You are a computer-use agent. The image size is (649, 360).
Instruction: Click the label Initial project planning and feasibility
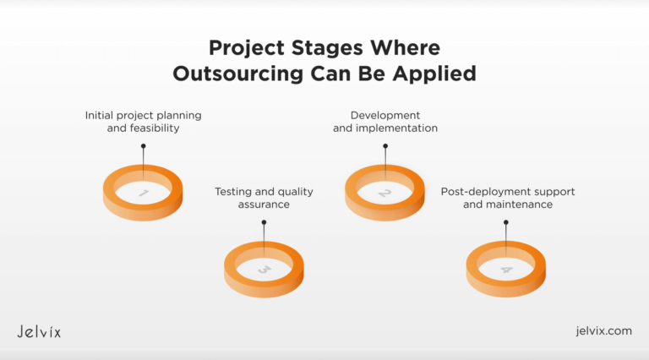pyautogui.click(x=143, y=121)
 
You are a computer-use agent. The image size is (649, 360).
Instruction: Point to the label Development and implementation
pyautogui.click(x=384, y=121)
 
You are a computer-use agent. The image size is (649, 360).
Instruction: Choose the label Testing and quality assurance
pyautogui.click(x=264, y=198)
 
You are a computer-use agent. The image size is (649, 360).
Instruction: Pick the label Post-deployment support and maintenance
pyautogui.click(x=507, y=198)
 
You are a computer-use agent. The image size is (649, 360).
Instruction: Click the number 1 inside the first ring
pyautogui.click(x=143, y=194)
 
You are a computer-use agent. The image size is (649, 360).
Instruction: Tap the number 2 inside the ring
pyautogui.click(x=385, y=194)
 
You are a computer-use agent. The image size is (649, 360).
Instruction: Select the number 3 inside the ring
pyautogui.click(x=264, y=270)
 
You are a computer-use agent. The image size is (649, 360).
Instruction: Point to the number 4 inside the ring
pyautogui.click(x=506, y=270)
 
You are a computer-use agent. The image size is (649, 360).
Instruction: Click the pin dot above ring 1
pyautogui.click(x=143, y=146)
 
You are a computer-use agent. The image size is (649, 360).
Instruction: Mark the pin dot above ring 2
pyautogui.click(x=385, y=146)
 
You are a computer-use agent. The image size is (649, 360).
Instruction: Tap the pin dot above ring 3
pyautogui.click(x=264, y=223)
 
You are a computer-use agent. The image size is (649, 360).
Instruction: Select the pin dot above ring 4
pyautogui.click(x=506, y=223)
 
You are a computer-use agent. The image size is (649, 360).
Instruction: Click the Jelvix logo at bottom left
pyautogui.click(x=39, y=331)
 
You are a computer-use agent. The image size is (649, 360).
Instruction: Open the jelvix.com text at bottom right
pyautogui.click(x=602, y=331)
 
